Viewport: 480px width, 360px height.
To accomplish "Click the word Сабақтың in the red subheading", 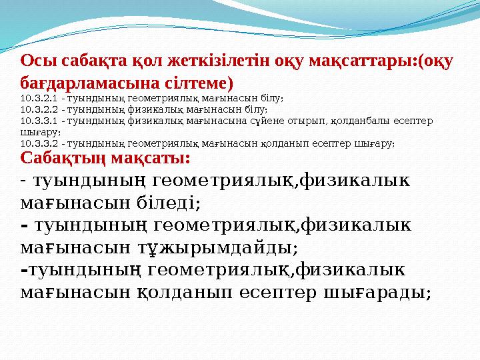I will pyautogui.click(x=59, y=159).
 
